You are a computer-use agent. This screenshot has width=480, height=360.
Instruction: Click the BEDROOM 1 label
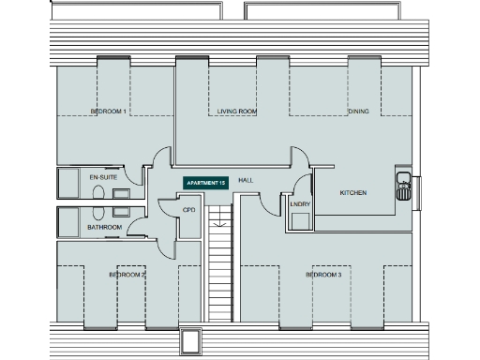click(x=109, y=112)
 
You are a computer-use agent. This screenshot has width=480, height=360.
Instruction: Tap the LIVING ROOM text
click(x=237, y=112)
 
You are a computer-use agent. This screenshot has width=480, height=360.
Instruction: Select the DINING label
click(x=359, y=112)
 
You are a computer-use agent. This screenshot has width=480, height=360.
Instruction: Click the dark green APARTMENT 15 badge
click(x=205, y=181)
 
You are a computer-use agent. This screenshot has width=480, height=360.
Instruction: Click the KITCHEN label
click(x=352, y=193)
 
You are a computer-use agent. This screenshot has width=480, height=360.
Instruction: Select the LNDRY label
click(x=300, y=203)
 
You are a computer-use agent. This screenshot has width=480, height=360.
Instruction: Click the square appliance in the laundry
click(x=301, y=221)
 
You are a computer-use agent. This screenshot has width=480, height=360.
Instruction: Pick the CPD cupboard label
click(x=188, y=210)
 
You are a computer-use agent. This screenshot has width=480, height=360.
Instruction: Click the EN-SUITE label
click(x=102, y=177)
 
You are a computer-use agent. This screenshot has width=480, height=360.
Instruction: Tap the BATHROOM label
click(x=104, y=227)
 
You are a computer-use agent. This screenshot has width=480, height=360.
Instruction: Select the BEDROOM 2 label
click(x=127, y=276)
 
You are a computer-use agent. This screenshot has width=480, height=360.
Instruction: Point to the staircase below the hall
click(x=218, y=272)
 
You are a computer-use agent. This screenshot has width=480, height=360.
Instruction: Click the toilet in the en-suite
click(x=100, y=190)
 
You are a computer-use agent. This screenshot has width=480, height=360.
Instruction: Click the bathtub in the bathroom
click(x=71, y=221)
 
